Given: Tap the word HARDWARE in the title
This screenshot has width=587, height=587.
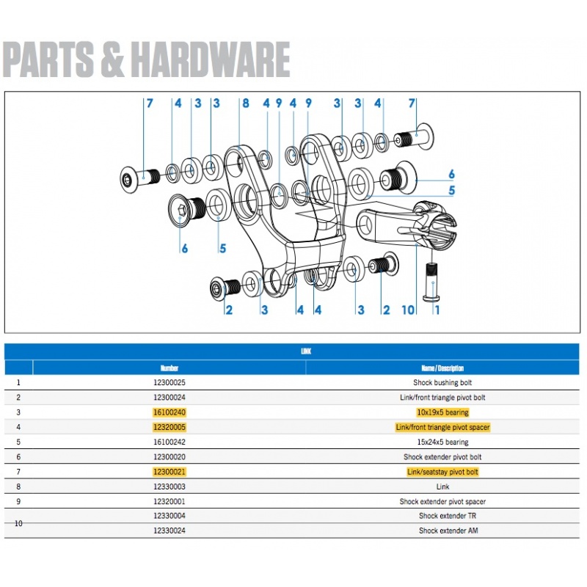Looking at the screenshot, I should click(212, 59).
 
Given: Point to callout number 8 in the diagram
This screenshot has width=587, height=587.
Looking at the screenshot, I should click(245, 103).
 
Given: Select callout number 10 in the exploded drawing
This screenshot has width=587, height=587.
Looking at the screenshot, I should click(409, 310).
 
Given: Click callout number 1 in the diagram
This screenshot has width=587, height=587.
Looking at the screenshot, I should click(438, 310).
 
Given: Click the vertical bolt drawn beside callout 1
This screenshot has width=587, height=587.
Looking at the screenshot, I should click(431, 282).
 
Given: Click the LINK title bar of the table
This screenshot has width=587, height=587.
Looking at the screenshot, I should click(305, 351).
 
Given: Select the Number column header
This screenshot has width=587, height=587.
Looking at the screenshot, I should click(169, 368).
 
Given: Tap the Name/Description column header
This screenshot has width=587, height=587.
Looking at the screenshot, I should click(442, 368).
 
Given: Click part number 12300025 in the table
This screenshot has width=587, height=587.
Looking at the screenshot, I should click(169, 382).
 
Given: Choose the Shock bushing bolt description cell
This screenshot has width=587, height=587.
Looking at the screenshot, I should click(442, 382).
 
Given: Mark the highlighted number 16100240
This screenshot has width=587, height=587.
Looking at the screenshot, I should click(169, 412).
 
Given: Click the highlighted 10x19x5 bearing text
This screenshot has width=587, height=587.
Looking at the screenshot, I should click(442, 412).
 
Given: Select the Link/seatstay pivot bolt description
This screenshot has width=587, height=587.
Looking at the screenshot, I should click(442, 472).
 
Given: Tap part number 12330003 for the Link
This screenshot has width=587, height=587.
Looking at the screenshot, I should click(169, 486).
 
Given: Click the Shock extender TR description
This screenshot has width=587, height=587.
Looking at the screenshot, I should click(442, 516).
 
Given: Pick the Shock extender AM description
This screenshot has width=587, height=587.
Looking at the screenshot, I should click(442, 531).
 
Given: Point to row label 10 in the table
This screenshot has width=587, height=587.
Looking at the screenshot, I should click(18, 523).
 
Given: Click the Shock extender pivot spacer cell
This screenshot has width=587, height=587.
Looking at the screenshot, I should click(442, 502).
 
